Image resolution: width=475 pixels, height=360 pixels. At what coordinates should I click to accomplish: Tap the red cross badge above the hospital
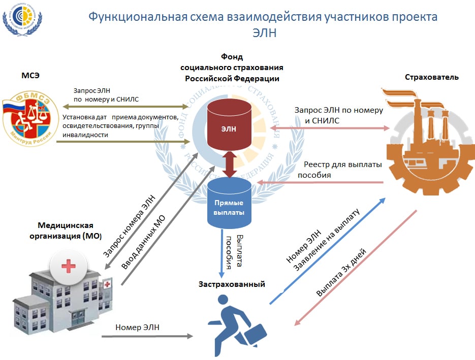[x=66, y=265]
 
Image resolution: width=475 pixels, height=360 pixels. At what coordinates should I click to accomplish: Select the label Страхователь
[x=432, y=77]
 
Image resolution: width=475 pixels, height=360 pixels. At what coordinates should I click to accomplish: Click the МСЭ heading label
[x=30, y=76]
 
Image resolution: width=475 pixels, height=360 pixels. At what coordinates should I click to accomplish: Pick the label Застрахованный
[x=232, y=284]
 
